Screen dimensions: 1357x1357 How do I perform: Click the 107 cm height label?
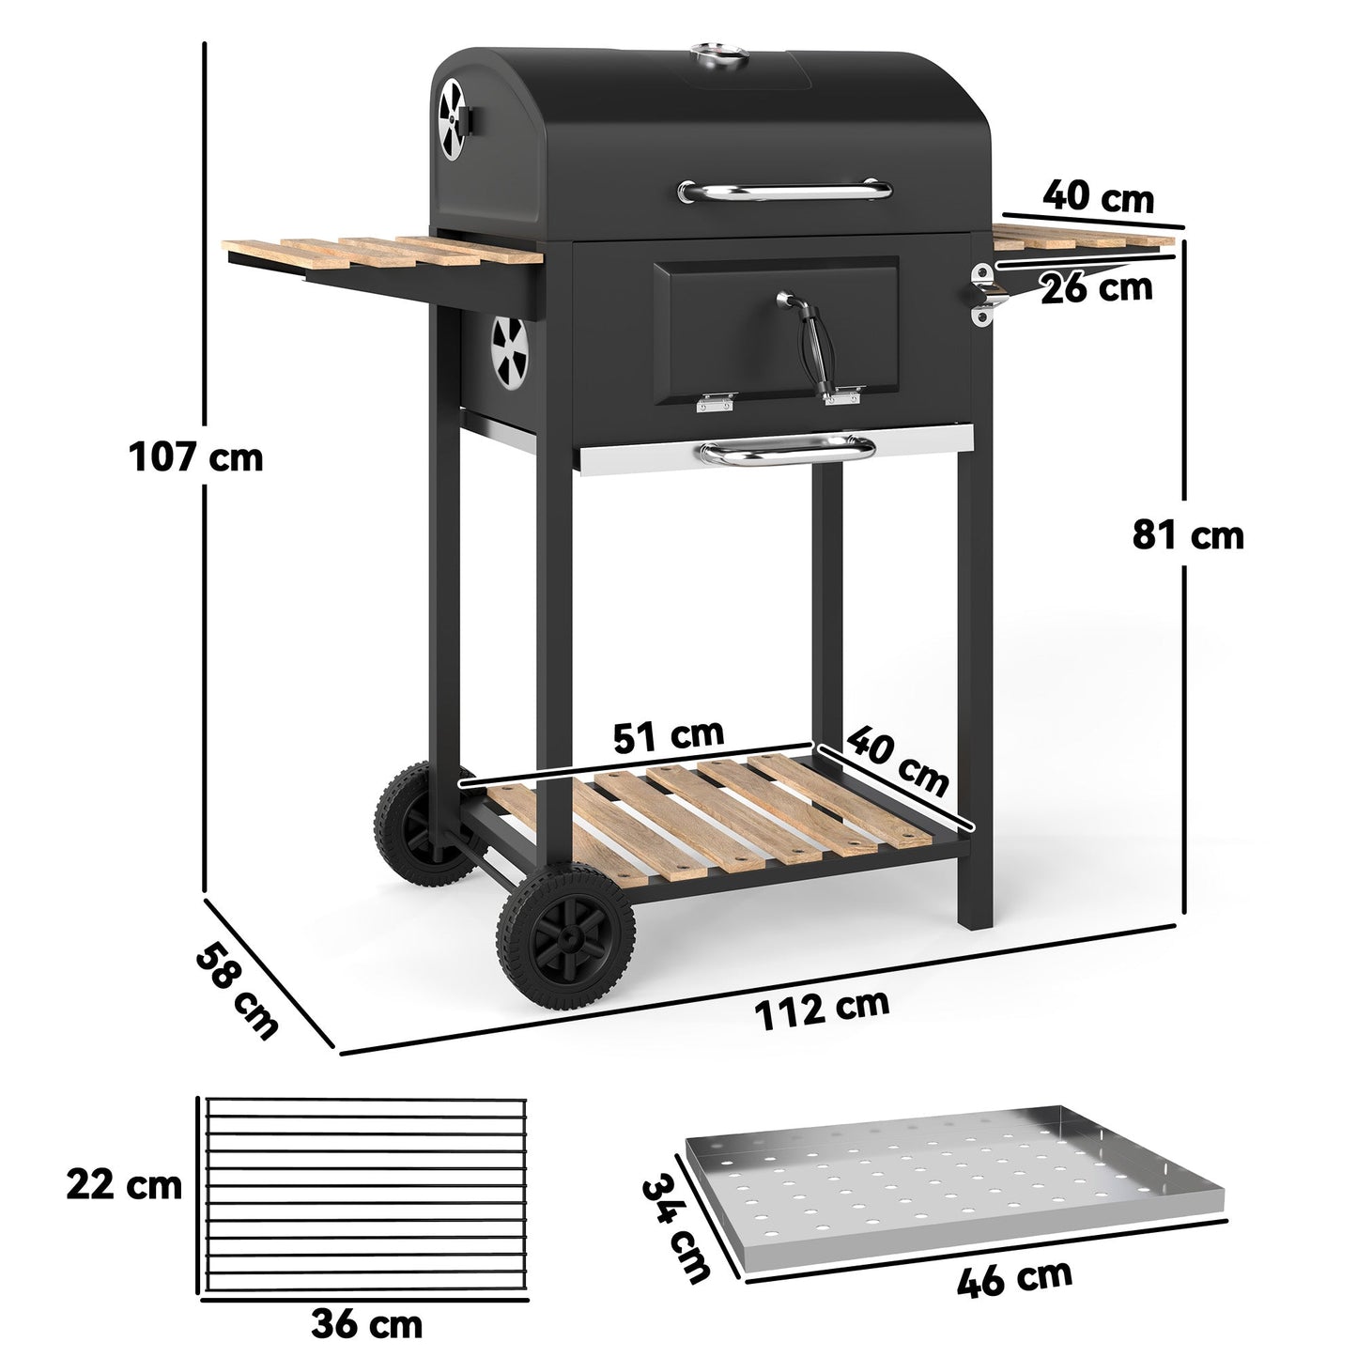coord(195,458)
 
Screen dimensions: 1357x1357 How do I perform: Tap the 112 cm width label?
coord(822,1009)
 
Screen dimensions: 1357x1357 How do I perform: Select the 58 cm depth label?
coord(237,993)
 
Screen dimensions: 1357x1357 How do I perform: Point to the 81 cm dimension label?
coord(1187,535)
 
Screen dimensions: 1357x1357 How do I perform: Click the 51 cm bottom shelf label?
coord(668,734)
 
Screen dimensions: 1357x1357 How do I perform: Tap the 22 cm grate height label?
coord(124,1184)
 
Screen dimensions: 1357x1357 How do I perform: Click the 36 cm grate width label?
coord(366,1324)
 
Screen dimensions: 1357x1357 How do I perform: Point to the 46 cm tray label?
coord(1014,1280)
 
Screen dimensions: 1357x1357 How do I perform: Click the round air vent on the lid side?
coord(453,117)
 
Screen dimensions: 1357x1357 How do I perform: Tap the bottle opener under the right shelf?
coord(987,294)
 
